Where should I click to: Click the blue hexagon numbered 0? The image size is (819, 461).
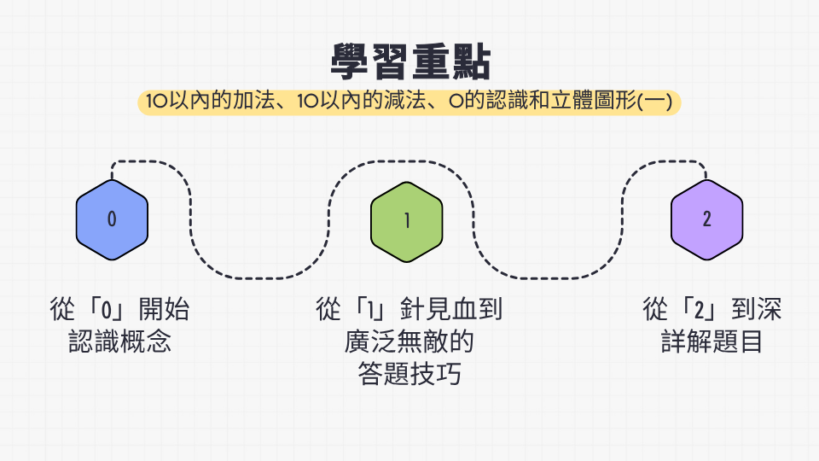coord(112,219)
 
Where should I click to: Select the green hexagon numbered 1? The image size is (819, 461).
coord(406,222)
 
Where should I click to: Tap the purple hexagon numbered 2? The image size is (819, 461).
coord(706,219)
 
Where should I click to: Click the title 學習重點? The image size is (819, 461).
coord(410,61)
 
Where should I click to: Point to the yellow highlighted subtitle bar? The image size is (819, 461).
coord(409,102)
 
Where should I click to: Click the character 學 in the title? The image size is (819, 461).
coord(350,61)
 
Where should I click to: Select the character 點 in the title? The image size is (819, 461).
coord(471,61)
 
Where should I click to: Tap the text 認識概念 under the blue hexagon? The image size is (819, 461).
coord(119,341)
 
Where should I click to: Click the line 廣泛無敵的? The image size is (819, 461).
coord(409,341)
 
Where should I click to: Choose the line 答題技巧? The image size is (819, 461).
coord(409,374)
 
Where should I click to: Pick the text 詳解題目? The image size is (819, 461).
coord(712,341)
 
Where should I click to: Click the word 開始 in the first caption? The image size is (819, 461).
coord(164,308)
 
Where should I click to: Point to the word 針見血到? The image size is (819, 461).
coord(450,308)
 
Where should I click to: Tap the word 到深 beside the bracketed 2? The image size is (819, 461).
coord(757,308)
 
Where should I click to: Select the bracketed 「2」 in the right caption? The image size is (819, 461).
coord(700,308)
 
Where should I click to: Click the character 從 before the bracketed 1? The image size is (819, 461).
coord(328,308)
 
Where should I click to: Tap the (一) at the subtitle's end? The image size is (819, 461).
coord(654,101)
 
